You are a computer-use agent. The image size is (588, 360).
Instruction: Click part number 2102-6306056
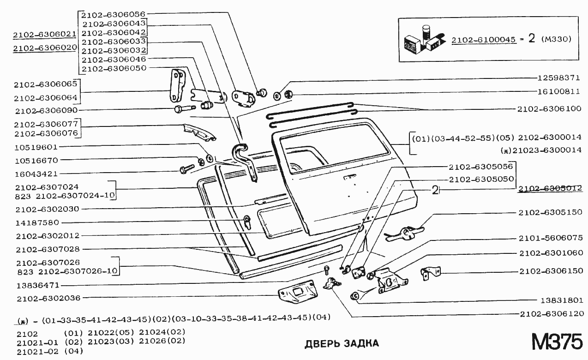coord(114,14)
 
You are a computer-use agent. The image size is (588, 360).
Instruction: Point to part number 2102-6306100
coord(548,109)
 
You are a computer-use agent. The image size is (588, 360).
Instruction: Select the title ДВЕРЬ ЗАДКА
coord(342,343)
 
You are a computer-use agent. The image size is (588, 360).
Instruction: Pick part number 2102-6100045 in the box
coord(483,40)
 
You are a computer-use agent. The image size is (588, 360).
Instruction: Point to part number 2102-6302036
coord(48,298)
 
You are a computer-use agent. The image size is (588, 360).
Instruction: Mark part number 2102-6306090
coord(46,111)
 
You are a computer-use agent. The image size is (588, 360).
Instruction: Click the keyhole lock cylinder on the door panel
coord(248,221)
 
